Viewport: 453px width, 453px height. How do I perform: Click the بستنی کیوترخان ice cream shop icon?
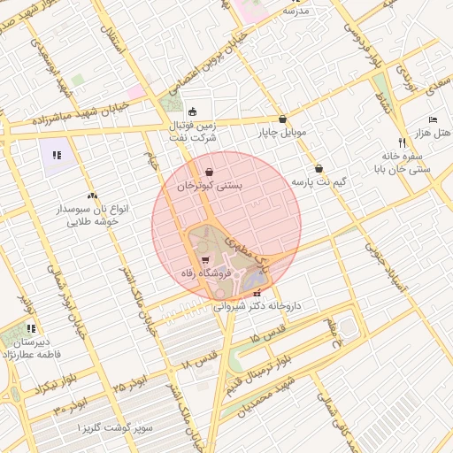coord(208,172)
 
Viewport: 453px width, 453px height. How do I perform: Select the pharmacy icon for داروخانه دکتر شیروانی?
coord(257,294)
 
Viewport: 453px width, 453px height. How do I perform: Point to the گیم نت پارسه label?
coord(318,181)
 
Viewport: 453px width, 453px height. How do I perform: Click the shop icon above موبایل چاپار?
coord(282,119)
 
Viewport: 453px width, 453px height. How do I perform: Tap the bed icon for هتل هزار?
coord(433,119)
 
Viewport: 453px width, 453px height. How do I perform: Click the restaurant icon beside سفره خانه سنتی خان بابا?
coord(402,142)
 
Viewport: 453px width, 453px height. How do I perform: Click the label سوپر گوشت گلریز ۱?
coord(115,428)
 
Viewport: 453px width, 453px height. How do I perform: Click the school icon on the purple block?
coord(58,156)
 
